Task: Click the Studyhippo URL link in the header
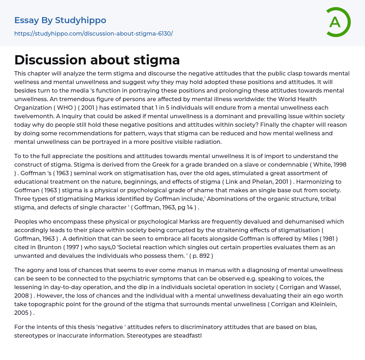point(93,33)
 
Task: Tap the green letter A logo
point(335,22)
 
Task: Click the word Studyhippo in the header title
point(81,20)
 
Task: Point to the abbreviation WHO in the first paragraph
point(54,108)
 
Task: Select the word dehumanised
point(284,221)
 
